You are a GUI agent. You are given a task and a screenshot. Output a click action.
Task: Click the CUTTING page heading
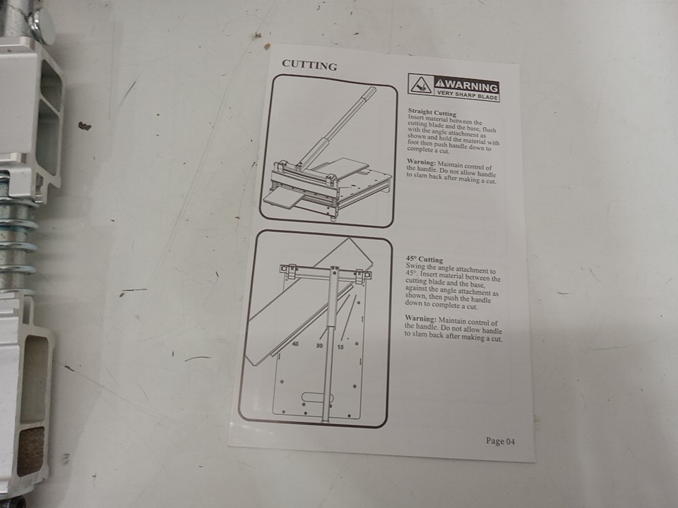click(309, 65)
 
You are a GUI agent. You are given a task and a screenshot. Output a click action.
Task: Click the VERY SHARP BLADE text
click(467, 95)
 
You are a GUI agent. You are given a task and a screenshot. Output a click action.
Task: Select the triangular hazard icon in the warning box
click(420, 85)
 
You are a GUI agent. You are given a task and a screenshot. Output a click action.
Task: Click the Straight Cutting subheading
click(432, 113)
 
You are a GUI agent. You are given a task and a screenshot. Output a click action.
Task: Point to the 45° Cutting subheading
click(424, 259)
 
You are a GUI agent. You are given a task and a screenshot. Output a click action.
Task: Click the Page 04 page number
click(500, 441)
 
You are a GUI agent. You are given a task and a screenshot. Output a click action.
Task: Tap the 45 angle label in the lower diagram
click(295, 344)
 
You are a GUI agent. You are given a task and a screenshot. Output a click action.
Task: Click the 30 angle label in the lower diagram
click(319, 346)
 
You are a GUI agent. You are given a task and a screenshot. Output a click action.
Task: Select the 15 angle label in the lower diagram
click(340, 347)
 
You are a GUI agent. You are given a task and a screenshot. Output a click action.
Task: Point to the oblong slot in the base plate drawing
click(318, 398)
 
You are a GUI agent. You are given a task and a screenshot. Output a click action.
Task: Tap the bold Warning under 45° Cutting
click(420, 318)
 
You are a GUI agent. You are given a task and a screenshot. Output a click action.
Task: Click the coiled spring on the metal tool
click(16, 234)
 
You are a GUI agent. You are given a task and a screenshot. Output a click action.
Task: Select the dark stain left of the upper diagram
click(84, 126)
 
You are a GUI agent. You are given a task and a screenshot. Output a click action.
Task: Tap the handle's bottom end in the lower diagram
click(326, 419)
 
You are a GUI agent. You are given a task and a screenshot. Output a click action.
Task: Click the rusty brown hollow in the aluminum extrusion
click(30, 451)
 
